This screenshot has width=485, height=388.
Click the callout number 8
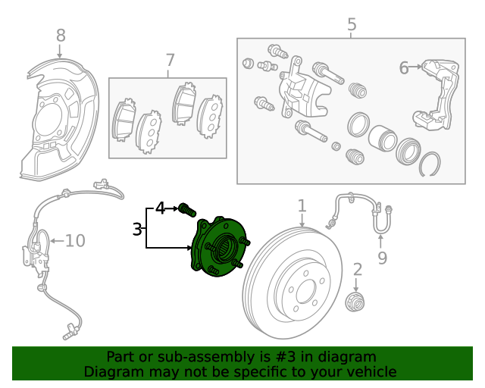coord(61,35)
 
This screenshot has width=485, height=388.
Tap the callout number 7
coord(170,59)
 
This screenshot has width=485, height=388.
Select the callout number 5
coord(352,24)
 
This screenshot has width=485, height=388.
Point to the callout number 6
coord(404,68)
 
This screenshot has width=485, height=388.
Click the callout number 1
coord(302,205)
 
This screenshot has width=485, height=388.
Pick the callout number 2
coord(358,268)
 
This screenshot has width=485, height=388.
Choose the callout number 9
coord(382,258)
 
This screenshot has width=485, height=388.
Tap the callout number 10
coord(75,241)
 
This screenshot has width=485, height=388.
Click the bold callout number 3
coord(137,229)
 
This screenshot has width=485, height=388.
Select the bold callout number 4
coord(160,207)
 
